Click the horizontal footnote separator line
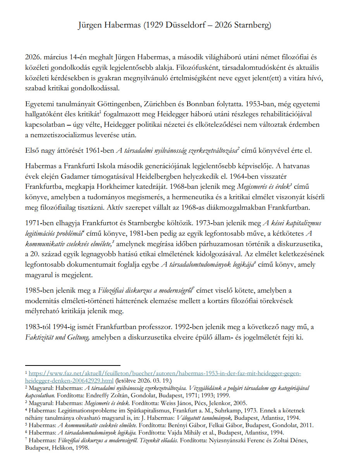72,365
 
